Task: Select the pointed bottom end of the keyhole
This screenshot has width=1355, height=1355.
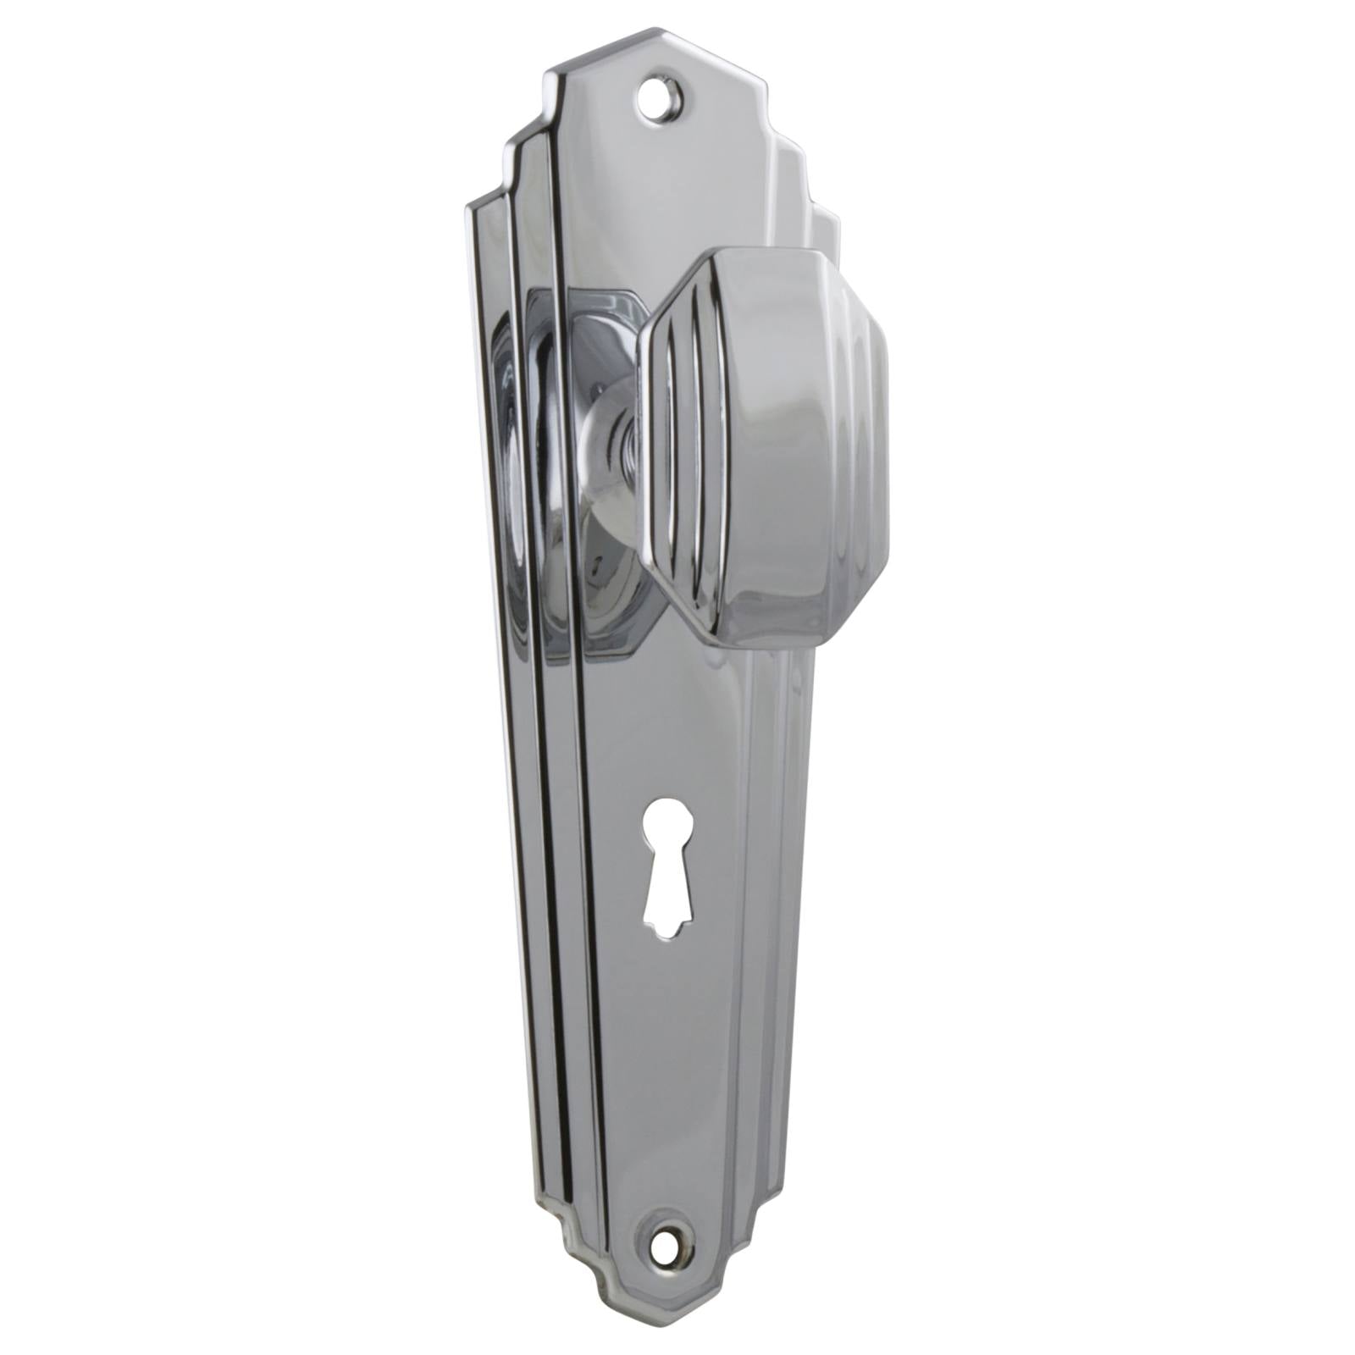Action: pos(667,932)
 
